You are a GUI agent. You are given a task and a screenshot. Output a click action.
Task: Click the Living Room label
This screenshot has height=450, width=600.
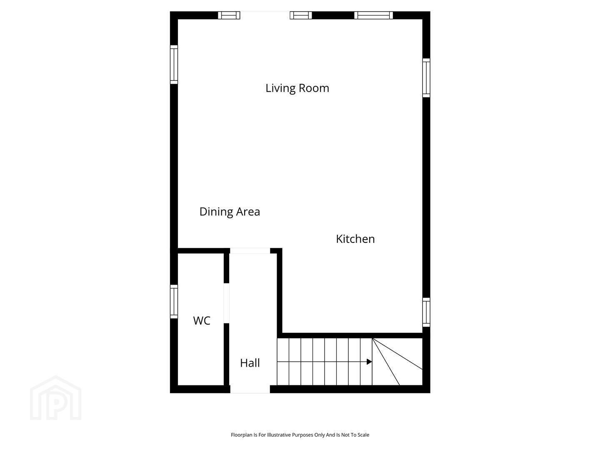pyautogui.click(x=297, y=88)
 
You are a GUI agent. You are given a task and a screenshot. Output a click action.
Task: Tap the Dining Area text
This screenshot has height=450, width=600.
pyautogui.click(x=230, y=212)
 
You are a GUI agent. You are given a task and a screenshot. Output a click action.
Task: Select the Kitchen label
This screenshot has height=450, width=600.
pyautogui.click(x=355, y=239)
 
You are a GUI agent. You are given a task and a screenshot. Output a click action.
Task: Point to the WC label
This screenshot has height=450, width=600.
pyautogui.click(x=201, y=320)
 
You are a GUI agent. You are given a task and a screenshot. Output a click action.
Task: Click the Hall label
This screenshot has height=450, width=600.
pyautogui.click(x=250, y=363)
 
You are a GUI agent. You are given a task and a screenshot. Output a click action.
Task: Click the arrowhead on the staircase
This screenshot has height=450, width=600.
pyautogui.click(x=369, y=362)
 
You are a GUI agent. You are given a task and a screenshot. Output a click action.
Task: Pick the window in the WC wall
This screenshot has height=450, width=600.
pyautogui.click(x=174, y=302)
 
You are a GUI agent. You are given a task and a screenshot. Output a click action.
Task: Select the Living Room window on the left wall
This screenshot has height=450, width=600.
pyautogui.click(x=174, y=65)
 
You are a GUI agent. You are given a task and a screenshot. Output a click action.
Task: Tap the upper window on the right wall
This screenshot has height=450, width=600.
pyautogui.click(x=426, y=77)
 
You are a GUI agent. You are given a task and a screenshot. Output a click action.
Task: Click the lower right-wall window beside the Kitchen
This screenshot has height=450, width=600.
pyautogui.click(x=426, y=312)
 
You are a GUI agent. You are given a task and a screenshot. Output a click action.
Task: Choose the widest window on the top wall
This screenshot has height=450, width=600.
pyautogui.click(x=373, y=15)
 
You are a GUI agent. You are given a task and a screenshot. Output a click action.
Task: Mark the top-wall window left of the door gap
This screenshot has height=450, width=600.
pyautogui.click(x=229, y=15)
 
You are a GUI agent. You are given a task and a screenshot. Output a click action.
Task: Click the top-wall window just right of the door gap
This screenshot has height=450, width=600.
pyautogui.click(x=301, y=15)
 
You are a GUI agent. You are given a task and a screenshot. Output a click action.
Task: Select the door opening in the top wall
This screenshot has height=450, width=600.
pyautogui.click(x=265, y=15)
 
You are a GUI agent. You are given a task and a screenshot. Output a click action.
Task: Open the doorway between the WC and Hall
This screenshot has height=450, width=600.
pyautogui.click(x=226, y=303)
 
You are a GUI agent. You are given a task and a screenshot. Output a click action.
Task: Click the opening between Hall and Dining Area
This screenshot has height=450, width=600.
pyautogui.click(x=250, y=251)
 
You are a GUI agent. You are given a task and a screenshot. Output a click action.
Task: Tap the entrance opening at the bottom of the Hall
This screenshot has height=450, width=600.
pyautogui.click(x=250, y=389)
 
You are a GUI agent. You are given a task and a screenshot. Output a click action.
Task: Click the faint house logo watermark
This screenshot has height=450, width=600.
pyautogui.click(x=55, y=398)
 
